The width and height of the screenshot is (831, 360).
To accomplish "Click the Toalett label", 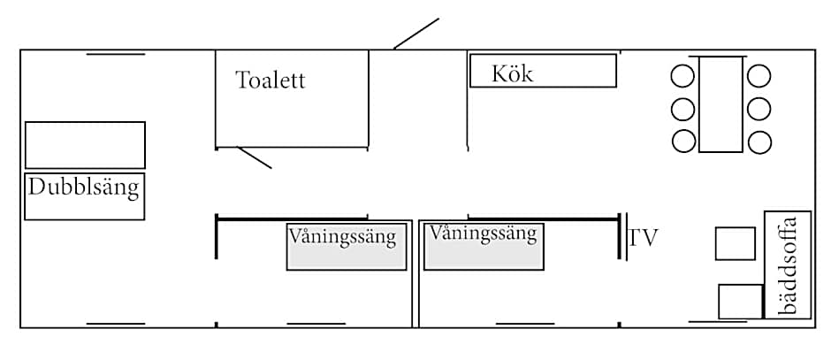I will tap(271, 80).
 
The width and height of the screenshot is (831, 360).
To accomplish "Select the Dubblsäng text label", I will tap(84, 188).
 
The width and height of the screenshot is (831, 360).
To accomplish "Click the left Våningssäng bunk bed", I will tap(347, 247).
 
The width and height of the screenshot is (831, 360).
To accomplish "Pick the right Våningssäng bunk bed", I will tap(484, 246).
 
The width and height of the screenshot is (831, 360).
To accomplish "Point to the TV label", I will tap(644, 238).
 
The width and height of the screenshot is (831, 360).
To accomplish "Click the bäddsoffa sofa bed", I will tap(787, 265).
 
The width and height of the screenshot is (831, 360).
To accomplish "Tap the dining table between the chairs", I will tap(720, 104).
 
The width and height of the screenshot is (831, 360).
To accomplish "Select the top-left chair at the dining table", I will tap(683, 76).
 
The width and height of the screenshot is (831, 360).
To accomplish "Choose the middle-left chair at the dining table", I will tap(683, 109).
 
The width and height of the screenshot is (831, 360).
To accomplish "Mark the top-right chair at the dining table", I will tap(759, 76).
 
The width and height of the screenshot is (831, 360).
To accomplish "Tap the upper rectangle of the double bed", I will tap(85, 144).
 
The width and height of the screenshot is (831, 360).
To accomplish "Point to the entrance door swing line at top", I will tap(416, 33).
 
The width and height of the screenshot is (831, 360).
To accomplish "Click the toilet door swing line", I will tap(255, 157).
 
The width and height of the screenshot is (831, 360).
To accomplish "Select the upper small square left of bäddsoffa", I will tap(735, 243).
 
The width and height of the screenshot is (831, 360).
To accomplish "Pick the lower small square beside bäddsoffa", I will tap(740, 301).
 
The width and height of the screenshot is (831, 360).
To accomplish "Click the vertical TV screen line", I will tap(626, 237).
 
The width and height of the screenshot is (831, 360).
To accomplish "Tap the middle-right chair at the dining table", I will tap(759, 109).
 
